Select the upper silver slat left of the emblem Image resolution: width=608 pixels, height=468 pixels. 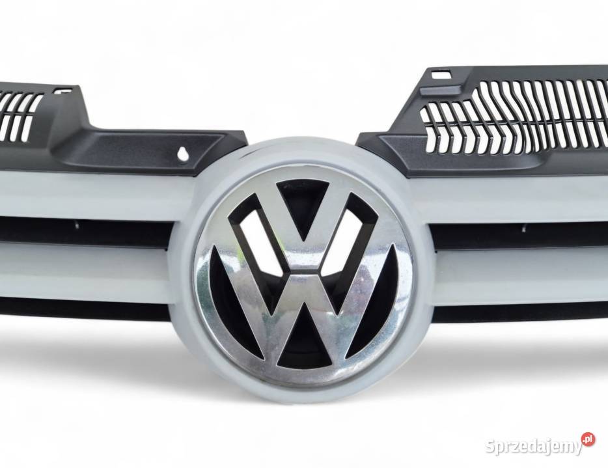[91, 195]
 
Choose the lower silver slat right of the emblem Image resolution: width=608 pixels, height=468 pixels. [521, 273]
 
